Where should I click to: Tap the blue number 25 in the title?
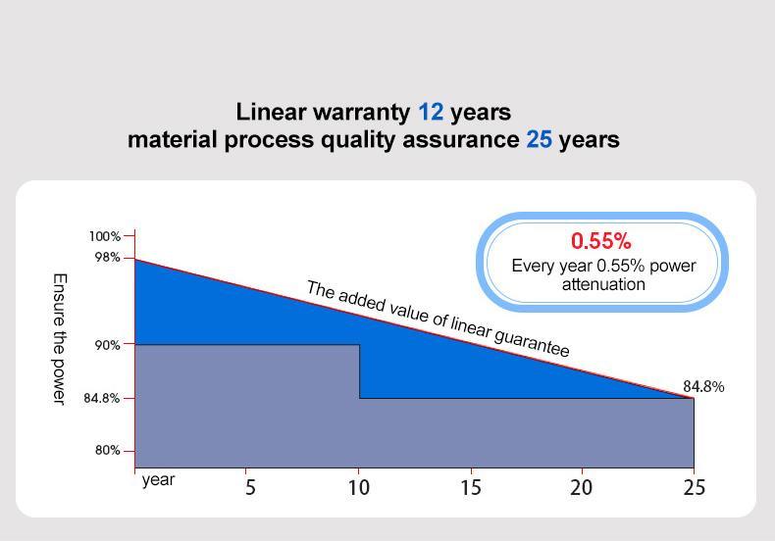click(540, 140)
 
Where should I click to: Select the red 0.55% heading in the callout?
click(601, 241)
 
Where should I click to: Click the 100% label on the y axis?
click(105, 236)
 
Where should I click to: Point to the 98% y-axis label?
click(108, 257)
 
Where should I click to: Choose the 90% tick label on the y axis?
click(108, 345)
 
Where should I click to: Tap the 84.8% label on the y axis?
click(102, 399)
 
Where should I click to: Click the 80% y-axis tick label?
click(108, 451)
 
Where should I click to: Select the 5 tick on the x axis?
click(250, 487)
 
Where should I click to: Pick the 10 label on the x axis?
click(359, 487)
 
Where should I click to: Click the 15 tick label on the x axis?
click(471, 487)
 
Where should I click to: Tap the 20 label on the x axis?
click(582, 487)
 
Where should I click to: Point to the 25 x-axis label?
click(694, 487)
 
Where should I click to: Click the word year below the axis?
click(158, 480)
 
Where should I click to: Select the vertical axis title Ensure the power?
click(58, 338)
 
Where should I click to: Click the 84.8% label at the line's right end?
click(703, 387)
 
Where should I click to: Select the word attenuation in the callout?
click(603, 285)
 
